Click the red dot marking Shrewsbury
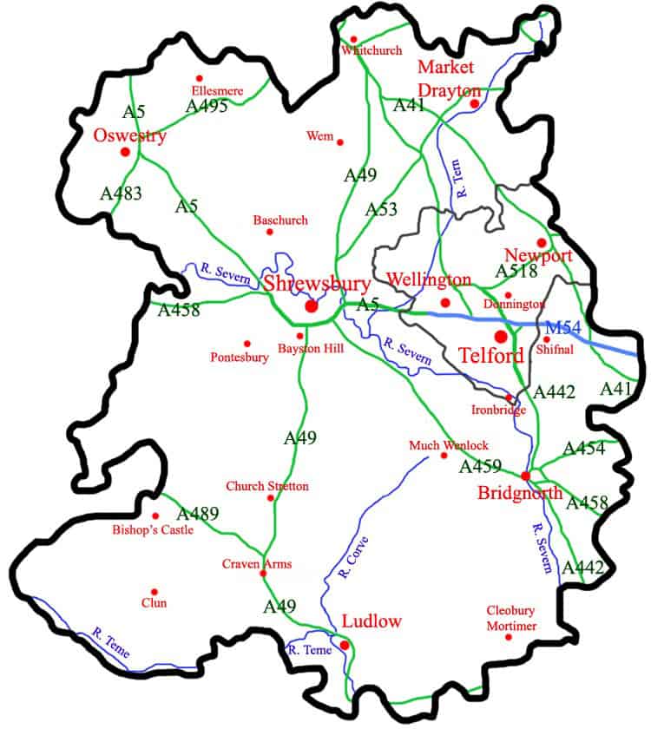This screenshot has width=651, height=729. [312, 306]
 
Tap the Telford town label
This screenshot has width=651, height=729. [490, 356]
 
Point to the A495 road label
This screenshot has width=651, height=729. [207, 107]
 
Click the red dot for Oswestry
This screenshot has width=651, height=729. [125, 152]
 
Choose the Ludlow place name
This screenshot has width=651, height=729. [372, 621]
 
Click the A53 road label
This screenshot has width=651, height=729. [381, 210]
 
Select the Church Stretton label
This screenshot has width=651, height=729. [266, 487]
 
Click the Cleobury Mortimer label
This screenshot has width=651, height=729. [511, 618]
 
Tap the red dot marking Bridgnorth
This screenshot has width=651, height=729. [526, 476]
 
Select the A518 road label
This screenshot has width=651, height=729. [517, 272]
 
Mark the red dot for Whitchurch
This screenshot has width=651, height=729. [354, 39]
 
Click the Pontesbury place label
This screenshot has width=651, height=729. [240, 358]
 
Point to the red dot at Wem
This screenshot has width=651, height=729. [340, 142]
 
